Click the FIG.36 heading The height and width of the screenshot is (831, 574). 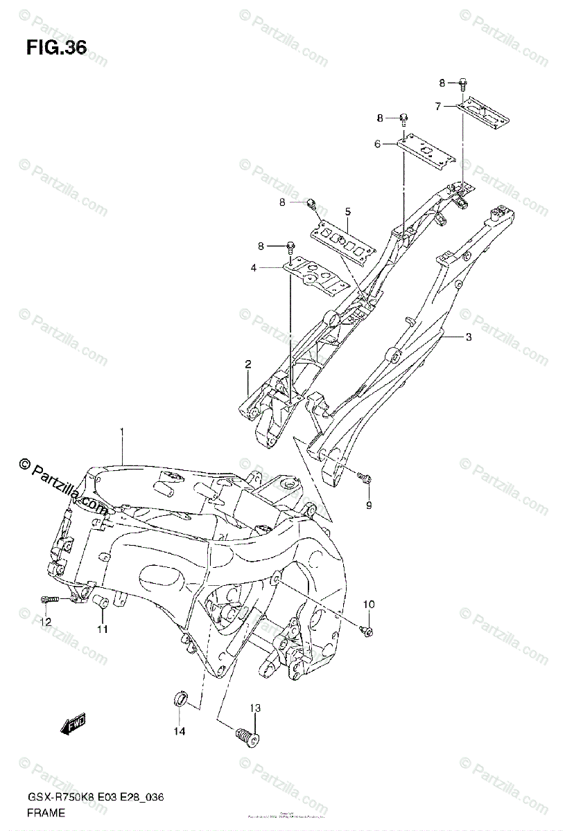(56, 48)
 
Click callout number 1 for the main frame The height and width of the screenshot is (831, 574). (121, 433)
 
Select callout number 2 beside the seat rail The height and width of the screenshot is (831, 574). (247, 364)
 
